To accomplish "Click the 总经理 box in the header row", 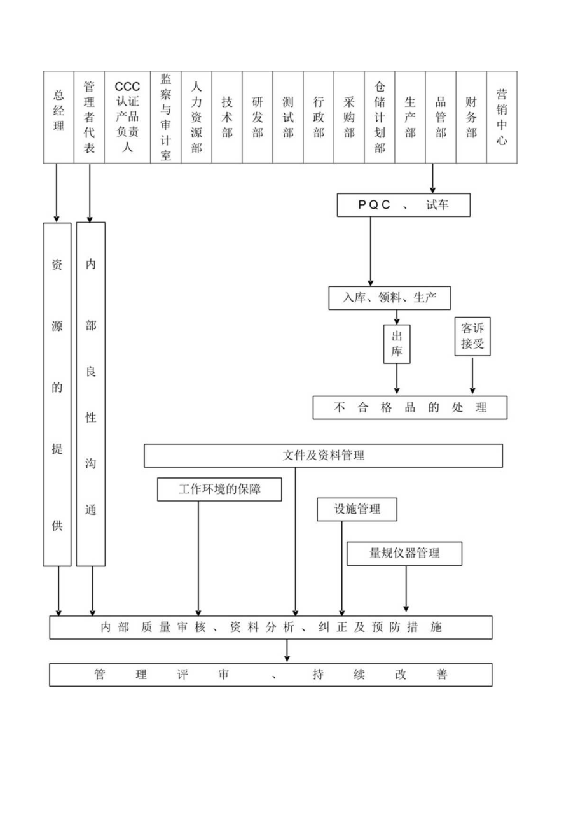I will pos(59,117).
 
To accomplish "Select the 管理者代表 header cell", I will pos(89,117).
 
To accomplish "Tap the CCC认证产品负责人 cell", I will pos(127,117).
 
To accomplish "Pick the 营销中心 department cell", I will pos(502,117).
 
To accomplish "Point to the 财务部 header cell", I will pos(471,117).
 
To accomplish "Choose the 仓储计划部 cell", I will pos(380,117).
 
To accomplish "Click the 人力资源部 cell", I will pos(196,117).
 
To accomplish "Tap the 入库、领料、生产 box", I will pos(390,298).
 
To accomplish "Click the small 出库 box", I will pos(397,344).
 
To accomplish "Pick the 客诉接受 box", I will pos(472,337).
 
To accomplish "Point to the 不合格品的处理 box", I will pos(410,408).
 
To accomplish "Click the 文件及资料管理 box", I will pos(323,456).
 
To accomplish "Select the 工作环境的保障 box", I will pos(219,489).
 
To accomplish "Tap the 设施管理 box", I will pos(357,509).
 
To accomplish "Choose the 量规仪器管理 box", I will pos(404,553).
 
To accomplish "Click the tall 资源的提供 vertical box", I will pos(57,394).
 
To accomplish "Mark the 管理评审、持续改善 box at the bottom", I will pos(271,675).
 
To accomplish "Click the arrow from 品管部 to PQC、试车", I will pos(433,178).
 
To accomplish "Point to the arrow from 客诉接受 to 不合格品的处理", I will pos(472,375).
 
